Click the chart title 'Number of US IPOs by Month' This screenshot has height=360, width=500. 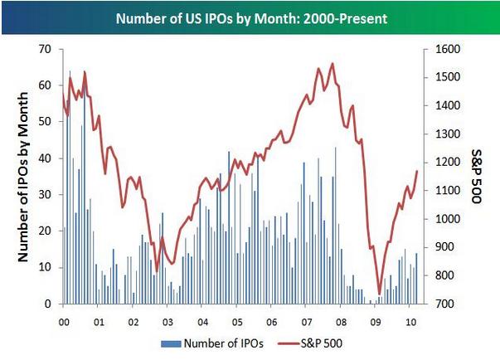pyautogui.click(x=250, y=17)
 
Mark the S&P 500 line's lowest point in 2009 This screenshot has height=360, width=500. pyautogui.click(x=380, y=294)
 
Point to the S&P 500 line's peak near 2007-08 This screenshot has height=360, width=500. pyautogui.click(x=333, y=64)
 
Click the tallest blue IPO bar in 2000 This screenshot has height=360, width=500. pyautogui.click(x=70, y=71)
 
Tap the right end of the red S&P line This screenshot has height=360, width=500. pyautogui.click(x=416, y=171)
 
